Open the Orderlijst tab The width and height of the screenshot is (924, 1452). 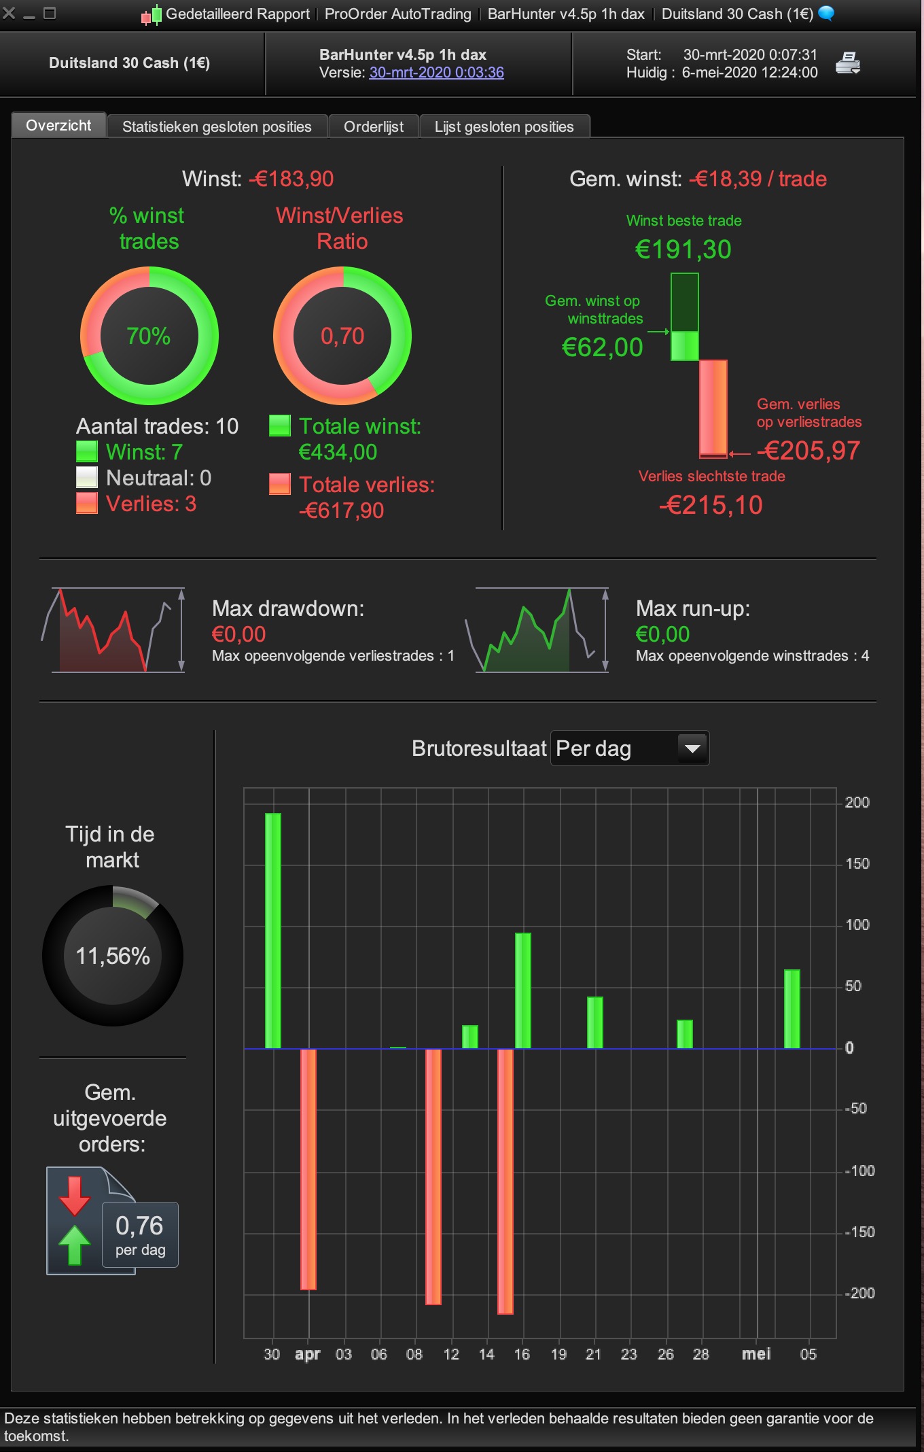click(x=373, y=127)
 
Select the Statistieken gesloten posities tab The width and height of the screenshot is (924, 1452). click(x=217, y=127)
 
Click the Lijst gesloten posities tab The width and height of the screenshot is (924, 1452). click(x=504, y=127)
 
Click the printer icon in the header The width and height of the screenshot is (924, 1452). click(x=847, y=63)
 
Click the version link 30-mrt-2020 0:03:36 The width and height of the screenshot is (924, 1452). click(x=436, y=73)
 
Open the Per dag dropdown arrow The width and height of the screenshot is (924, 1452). click(x=692, y=748)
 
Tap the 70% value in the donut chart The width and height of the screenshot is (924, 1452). click(x=149, y=336)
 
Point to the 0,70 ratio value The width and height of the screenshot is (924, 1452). click(x=342, y=336)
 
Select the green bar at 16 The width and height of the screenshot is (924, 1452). click(x=523, y=990)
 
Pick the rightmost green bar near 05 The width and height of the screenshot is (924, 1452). click(x=792, y=1009)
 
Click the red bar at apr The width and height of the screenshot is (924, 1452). click(x=308, y=1169)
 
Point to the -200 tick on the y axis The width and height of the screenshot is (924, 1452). click(x=860, y=1293)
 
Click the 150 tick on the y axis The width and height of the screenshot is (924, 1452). click(x=857, y=863)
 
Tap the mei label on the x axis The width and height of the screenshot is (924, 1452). click(x=756, y=1354)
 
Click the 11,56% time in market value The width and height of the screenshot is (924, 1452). click(x=113, y=956)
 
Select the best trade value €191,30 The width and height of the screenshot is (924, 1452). click(x=683, y=249)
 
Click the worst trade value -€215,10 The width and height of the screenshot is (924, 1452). click(x=711, y=505)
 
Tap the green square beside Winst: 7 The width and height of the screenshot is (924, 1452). click(x=87, y=452)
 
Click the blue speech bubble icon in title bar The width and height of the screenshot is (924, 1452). click(x=826, y=13)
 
